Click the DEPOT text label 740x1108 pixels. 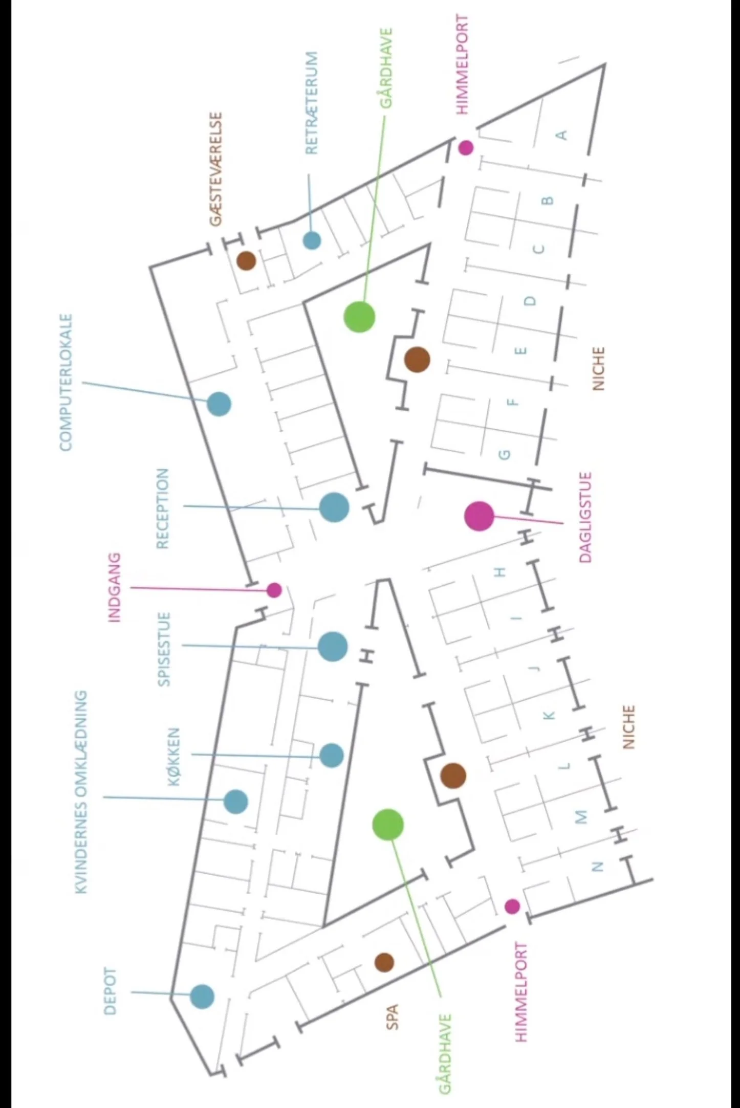tap(110, 991)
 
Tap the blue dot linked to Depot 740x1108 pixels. tap(202, 996)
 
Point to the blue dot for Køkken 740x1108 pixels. tap(332, 756)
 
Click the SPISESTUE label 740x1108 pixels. tap(164, 649)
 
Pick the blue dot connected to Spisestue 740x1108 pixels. tap(333, 647)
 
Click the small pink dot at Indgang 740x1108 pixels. tap(274, 590)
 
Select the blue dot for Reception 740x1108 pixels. tap(334, 507)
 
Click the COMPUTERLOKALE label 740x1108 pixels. tap(67, 383)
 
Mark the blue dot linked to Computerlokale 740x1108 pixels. tap(219, 404)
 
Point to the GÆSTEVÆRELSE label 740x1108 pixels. tap(216, 169)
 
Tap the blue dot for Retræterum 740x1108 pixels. tap(312, 240)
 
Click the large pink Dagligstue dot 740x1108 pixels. tap(480, 516)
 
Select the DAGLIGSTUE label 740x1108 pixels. tap(585, 517)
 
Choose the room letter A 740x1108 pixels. tap(562, 135)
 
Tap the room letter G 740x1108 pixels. tap(504, 454)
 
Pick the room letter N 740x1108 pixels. tap(597, 867)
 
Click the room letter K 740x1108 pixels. tap(549, 715)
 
